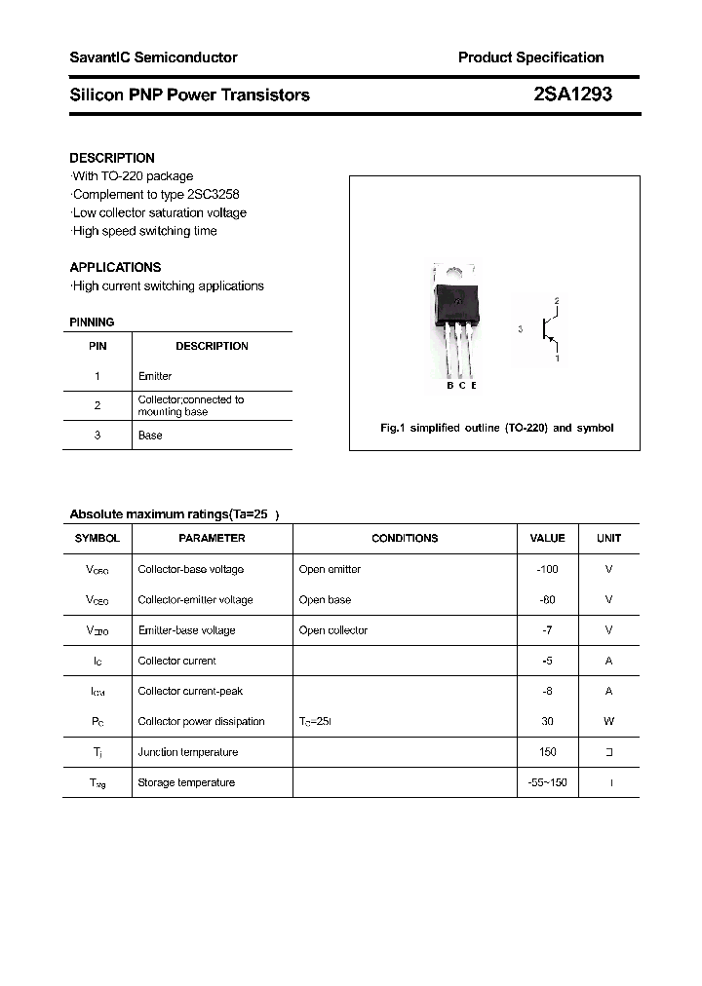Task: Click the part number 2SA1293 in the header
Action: (572, 95)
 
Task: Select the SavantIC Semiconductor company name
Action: (153, 57)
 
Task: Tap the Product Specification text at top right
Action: (530, 57)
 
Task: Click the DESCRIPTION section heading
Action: (112, 158)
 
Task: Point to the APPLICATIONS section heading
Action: (115, 267)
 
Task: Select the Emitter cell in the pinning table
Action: (155, 376)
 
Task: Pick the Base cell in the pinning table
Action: (150, 436)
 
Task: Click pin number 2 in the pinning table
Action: (97, 405)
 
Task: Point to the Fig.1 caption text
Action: (496, 428)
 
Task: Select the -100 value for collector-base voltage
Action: (547, 569)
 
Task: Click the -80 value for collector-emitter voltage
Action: (547, 600)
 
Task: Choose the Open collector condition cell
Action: (333, 630)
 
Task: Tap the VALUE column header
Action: (547, 538)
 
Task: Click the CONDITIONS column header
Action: (405, 538)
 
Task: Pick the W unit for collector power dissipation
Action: (608, 722)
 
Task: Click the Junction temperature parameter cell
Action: (187, 752)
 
